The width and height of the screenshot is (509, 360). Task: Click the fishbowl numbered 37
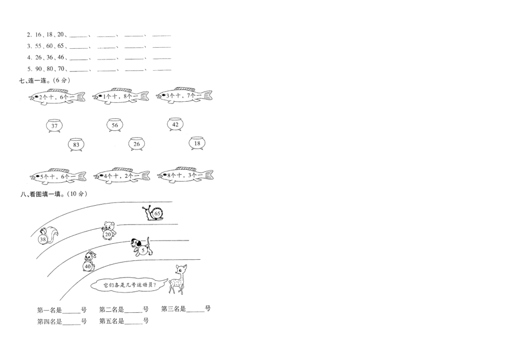[54, 126]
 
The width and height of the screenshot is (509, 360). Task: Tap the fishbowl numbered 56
[115, 125]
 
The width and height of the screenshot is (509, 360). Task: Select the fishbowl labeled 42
[175, 124]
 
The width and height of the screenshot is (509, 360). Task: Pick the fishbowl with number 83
[76, 145]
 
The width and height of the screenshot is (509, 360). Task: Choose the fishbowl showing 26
[137, 144]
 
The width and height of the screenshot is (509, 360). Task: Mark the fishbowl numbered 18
[197, 143]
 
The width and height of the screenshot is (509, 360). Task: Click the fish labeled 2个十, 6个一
[57, 97]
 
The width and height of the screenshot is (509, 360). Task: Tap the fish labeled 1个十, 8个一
[121, 96]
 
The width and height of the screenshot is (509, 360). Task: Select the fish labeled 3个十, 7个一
[184, 95]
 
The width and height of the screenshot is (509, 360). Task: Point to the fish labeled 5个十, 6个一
[58, 176]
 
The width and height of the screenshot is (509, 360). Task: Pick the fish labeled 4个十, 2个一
[122, 176]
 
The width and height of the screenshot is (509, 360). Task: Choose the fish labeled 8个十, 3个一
[185, 175]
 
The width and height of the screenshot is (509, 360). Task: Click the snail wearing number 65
[153, 213]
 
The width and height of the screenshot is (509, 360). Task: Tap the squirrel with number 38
[48, 236]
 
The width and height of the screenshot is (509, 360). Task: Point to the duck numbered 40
[89, 261]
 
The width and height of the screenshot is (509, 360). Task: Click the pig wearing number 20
[109, 231]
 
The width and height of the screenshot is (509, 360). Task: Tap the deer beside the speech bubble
[177, 279]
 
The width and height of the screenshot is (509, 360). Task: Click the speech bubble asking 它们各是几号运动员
[129, 285]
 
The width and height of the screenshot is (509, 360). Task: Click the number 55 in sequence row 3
[39, 46]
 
